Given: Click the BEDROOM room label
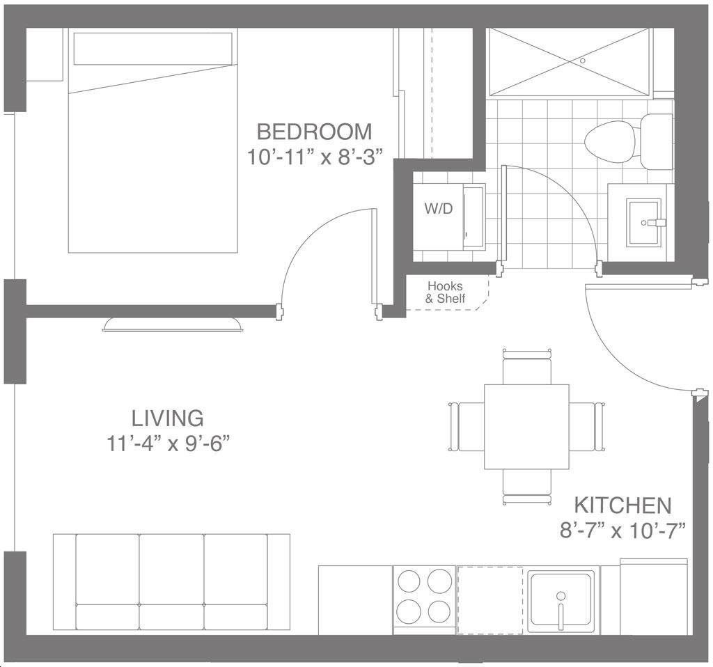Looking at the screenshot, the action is [314, 132].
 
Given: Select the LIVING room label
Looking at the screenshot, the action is [167, 418].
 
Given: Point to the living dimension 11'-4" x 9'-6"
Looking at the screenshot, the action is [167, 444].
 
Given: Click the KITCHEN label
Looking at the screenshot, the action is [622, 505].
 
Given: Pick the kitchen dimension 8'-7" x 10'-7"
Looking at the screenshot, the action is [622, 530].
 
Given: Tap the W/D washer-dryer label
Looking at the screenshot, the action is [439, 209].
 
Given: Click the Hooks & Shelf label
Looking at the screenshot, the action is [445, 292].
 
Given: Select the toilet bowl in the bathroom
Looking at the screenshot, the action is [610, 141].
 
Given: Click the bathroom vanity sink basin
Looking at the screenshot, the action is [643, 222].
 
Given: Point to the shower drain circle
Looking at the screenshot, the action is [583, 60].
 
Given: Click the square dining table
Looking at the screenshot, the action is [526, 427].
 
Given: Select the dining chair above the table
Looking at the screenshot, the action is [527, 366].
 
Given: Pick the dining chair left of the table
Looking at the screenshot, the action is [467, 427].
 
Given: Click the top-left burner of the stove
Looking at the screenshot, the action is [408, 581].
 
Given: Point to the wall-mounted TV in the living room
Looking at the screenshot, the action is [173, 324].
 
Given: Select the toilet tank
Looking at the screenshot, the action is [656, 141].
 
